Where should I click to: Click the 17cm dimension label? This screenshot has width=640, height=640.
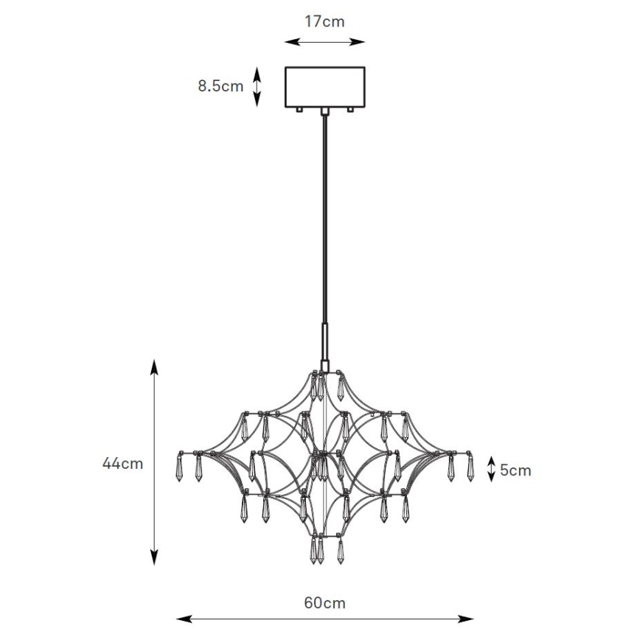(324, 21)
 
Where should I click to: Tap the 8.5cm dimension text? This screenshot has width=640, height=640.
(220, 86)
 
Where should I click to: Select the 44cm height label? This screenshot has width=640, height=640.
(122, 463)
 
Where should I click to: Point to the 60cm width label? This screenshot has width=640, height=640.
(324, 603)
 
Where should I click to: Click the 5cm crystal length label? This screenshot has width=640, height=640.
(515, 470)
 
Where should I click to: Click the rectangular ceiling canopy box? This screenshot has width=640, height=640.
(325, 87)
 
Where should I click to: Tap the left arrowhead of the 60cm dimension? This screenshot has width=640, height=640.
(184, 619)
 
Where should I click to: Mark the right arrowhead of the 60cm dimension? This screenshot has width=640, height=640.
(466, 619)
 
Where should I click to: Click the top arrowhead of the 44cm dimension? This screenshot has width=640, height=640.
(154, 367)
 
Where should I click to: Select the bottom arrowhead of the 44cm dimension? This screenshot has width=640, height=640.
(154, 557)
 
